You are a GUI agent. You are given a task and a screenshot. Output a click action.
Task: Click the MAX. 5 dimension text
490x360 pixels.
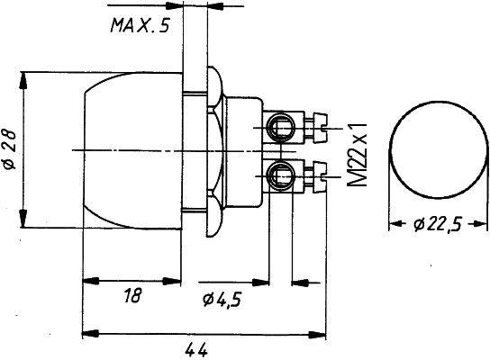(140, 26)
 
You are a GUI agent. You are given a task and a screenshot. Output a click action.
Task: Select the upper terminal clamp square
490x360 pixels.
(281, 124)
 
